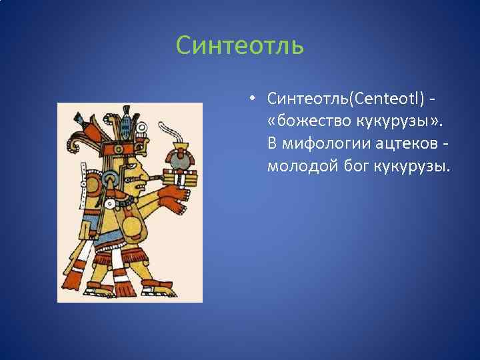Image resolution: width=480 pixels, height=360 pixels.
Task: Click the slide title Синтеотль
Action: [240, 47]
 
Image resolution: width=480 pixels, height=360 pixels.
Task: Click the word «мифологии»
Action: [326, 143]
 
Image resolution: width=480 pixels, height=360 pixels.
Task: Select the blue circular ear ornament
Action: [111, 181]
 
